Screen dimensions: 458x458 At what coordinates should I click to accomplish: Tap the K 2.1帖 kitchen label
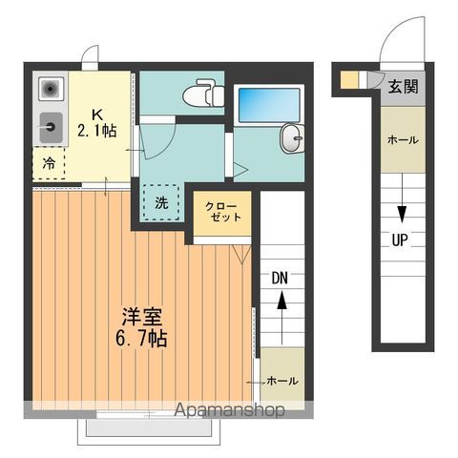tap(98, 120)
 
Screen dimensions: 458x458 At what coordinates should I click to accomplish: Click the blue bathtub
tap(268, 105)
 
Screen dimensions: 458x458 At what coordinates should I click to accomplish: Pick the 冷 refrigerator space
tap(49, 162)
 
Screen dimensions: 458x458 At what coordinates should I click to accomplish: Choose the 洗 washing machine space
tap(162, 202)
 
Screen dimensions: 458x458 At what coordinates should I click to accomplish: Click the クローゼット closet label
tap(223, 211)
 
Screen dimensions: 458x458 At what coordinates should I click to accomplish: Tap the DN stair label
tap(280, 279)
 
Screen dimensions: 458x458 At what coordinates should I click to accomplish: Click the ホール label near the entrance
tap(402, 139)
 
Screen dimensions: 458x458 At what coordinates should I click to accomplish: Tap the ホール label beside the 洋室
tap(281, 380)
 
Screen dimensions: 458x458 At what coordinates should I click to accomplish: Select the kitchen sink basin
tap(50, 123)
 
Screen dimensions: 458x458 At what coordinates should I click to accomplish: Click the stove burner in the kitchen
tap(50, 90)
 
